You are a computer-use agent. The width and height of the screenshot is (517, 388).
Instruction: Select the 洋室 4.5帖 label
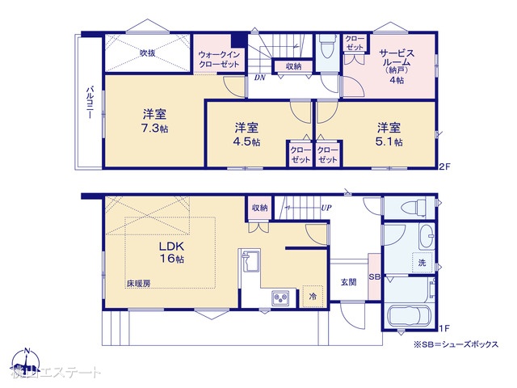click(x=247, y=134)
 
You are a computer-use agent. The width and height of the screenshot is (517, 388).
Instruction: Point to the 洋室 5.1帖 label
click(x=389, y=134)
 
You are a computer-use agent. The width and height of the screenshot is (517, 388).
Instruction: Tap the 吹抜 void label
click(x=147, y=53)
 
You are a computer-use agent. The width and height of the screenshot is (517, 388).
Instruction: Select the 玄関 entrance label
click(x=349, y=282)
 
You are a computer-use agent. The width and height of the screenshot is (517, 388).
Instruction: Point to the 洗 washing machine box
click(x=422, y=263)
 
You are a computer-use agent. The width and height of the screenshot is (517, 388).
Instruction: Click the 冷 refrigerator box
click(x=312, y=297)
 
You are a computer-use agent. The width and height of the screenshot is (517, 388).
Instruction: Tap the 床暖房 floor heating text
click(x=138, y=284)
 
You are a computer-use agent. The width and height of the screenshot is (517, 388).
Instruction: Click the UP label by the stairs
click(x=326, y=208)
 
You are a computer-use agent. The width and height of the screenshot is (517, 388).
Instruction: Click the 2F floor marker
click(x=443, y=167)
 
